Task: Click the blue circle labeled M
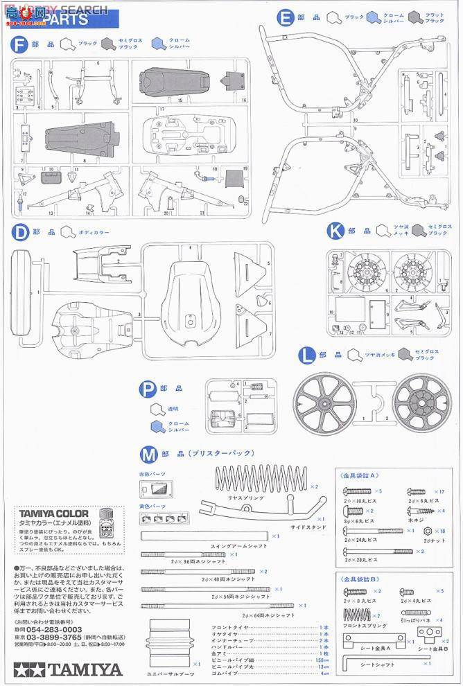(148, 455)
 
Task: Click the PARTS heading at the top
(67, 20)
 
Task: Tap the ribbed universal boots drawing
(168, 642)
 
